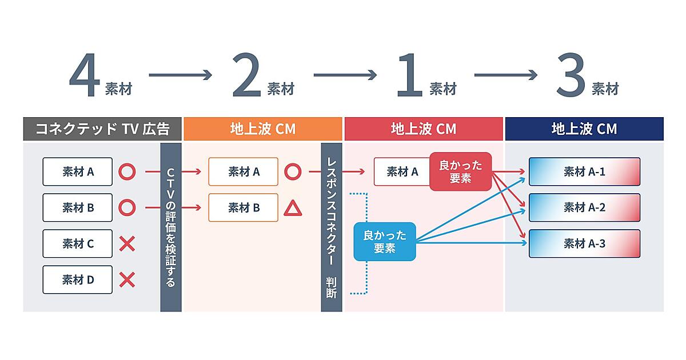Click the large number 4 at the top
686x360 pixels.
[85, 77]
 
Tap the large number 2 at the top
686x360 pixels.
[247, 77]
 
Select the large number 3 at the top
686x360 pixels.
[571, 77]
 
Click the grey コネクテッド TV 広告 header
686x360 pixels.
[102, 129]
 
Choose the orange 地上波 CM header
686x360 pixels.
[262, 129]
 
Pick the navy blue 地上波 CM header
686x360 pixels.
[584, 129]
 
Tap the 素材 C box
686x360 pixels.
[78, 244]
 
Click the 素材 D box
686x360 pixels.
[78, 280]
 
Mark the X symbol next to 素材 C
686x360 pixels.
[127, 244]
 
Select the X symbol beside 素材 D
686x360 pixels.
[127, 280]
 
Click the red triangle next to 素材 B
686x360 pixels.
[292, 209]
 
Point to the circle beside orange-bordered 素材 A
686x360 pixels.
[292, 171]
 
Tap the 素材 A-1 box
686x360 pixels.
[584, 171]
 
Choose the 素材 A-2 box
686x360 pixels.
[584, 207]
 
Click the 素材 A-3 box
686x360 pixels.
[584, 244]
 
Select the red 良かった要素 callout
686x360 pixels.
[460, 171]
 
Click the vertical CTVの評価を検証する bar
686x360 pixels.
[170, 227]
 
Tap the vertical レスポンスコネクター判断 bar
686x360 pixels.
[332, 227]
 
